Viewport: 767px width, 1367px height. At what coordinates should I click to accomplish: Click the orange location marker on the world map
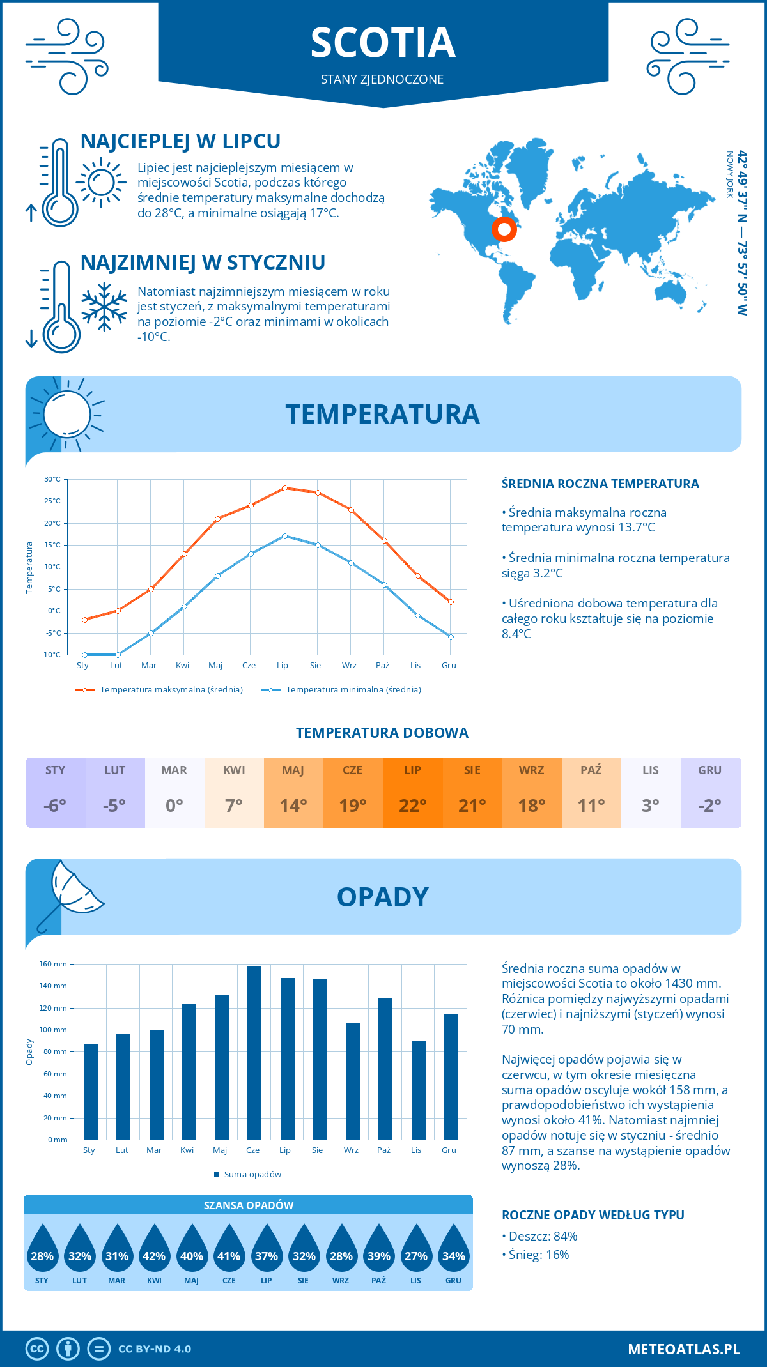pyautogui.click(x=504, y=229)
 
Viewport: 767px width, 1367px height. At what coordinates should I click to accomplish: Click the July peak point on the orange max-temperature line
pyautogui.click(x=284, y=488)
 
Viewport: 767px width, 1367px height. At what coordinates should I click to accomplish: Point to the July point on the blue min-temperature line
pyautogui.click(x=284, y=536)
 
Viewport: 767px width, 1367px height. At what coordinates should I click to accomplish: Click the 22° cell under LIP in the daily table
pyautogui.click(x=412, y=806)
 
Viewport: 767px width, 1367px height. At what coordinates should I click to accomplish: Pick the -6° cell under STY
pyautogui.click(x=55, y=806)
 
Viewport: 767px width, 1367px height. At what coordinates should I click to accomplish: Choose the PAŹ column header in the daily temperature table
pyautogui.click(x=591, y=770)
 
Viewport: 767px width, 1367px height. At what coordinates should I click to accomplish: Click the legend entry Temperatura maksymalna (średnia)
pyautogui.click(x=171, y=690)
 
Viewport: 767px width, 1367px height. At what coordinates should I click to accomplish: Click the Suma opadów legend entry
pyautogui.click(x=252, y=1175)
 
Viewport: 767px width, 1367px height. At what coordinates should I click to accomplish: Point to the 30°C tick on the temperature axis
pyautogui.click(x=52, y=479)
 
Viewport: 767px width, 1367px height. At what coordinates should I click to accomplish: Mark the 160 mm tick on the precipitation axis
pyautogui.click(x=54, y=964)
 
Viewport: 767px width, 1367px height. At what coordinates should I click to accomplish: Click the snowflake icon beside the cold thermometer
pyautogui.click(x=104, y=307)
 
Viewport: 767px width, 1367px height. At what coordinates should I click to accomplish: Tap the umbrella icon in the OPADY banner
pyautogui.click(x=70, y=891)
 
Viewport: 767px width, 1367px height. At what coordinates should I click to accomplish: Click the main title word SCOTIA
pyautogui.click(x=383, y=43)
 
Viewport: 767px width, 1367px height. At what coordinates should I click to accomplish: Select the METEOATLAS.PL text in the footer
pyautogui.click(x=684, y=1349)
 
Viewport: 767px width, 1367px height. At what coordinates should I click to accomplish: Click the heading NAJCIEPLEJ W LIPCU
pyautogui.click(x=180, y=141)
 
